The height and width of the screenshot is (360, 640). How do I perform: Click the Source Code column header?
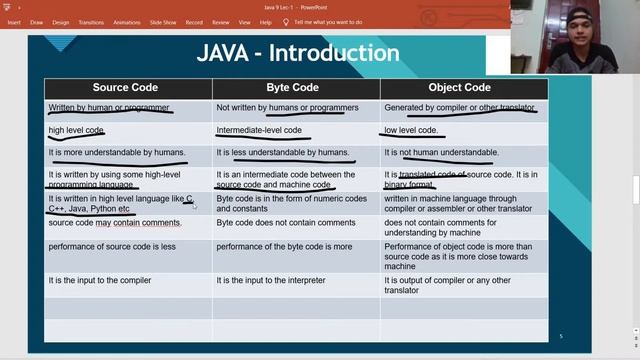(125, 88)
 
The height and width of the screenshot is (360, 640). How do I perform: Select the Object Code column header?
(459, 88)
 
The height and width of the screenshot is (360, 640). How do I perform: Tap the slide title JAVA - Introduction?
(297, 53)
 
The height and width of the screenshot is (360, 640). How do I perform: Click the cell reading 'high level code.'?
(76, 130)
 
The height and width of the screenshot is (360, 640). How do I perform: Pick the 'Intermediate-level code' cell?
(259, 130)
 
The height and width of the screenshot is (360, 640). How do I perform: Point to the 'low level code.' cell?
(411, 130)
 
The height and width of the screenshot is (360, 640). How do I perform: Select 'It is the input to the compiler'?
(100, 280)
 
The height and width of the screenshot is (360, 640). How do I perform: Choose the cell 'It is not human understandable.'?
(441, 152)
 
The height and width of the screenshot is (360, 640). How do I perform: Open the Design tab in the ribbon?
(60, 21)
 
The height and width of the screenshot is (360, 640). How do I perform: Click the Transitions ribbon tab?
(91, 21)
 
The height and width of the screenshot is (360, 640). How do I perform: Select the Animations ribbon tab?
(127, 21)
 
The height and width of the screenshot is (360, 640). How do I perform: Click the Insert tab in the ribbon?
(14, 21)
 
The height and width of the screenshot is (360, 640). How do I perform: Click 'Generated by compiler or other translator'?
(459, 107)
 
